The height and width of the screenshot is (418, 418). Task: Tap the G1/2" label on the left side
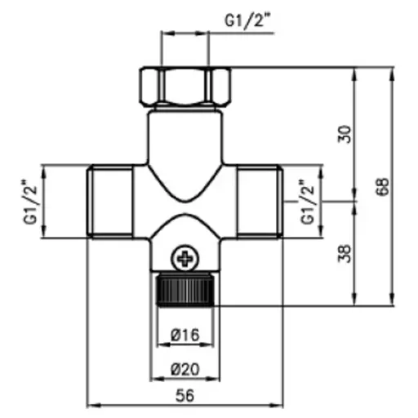pos(30,202)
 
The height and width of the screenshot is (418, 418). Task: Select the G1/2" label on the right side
pos(307,202)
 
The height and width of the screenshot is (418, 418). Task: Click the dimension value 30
pos(345,134)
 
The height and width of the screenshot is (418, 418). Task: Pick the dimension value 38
pos(345,254)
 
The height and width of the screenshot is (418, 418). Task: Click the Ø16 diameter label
pos(185,335)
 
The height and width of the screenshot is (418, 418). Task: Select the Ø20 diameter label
pos(185,369)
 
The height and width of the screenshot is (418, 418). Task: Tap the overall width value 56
pos(185,396)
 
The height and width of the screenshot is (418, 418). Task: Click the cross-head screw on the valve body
pos(185,258)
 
